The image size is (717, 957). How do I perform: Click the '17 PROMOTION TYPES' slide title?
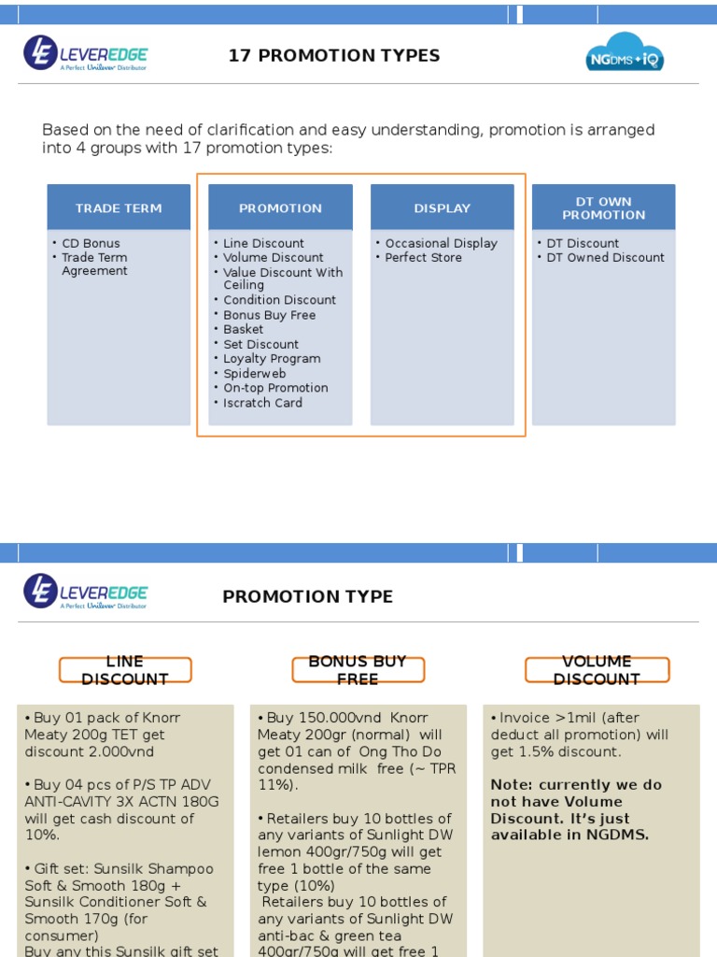click(334, 55)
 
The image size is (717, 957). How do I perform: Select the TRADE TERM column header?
click(119, 208)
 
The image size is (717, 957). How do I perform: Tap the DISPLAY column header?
click(443, 208)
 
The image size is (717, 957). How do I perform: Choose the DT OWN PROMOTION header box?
click(603, 208)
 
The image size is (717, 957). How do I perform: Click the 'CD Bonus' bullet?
click(91, 243)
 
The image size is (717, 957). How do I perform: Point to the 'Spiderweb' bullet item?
click(254, 374)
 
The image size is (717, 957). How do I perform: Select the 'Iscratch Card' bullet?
click(262, 403)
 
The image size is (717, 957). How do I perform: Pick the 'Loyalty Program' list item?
click(272, 359)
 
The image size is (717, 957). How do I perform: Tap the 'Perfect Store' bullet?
click(423, 258)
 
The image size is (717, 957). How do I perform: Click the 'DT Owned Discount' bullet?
click(605, 258)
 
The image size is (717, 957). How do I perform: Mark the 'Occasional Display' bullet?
click(441, 243)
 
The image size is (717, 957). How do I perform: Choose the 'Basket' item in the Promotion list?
click(243, 330)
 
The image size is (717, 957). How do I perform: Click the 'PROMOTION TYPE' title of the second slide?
click(307, 596)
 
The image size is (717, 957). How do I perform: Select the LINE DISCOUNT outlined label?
click(125, 670)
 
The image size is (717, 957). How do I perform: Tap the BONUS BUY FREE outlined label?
click(358, 670)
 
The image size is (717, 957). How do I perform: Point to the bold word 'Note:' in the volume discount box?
click(510, 785)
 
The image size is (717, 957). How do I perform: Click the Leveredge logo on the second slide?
click(86, 592)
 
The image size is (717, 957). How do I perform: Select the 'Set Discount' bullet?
click(260, 344)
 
